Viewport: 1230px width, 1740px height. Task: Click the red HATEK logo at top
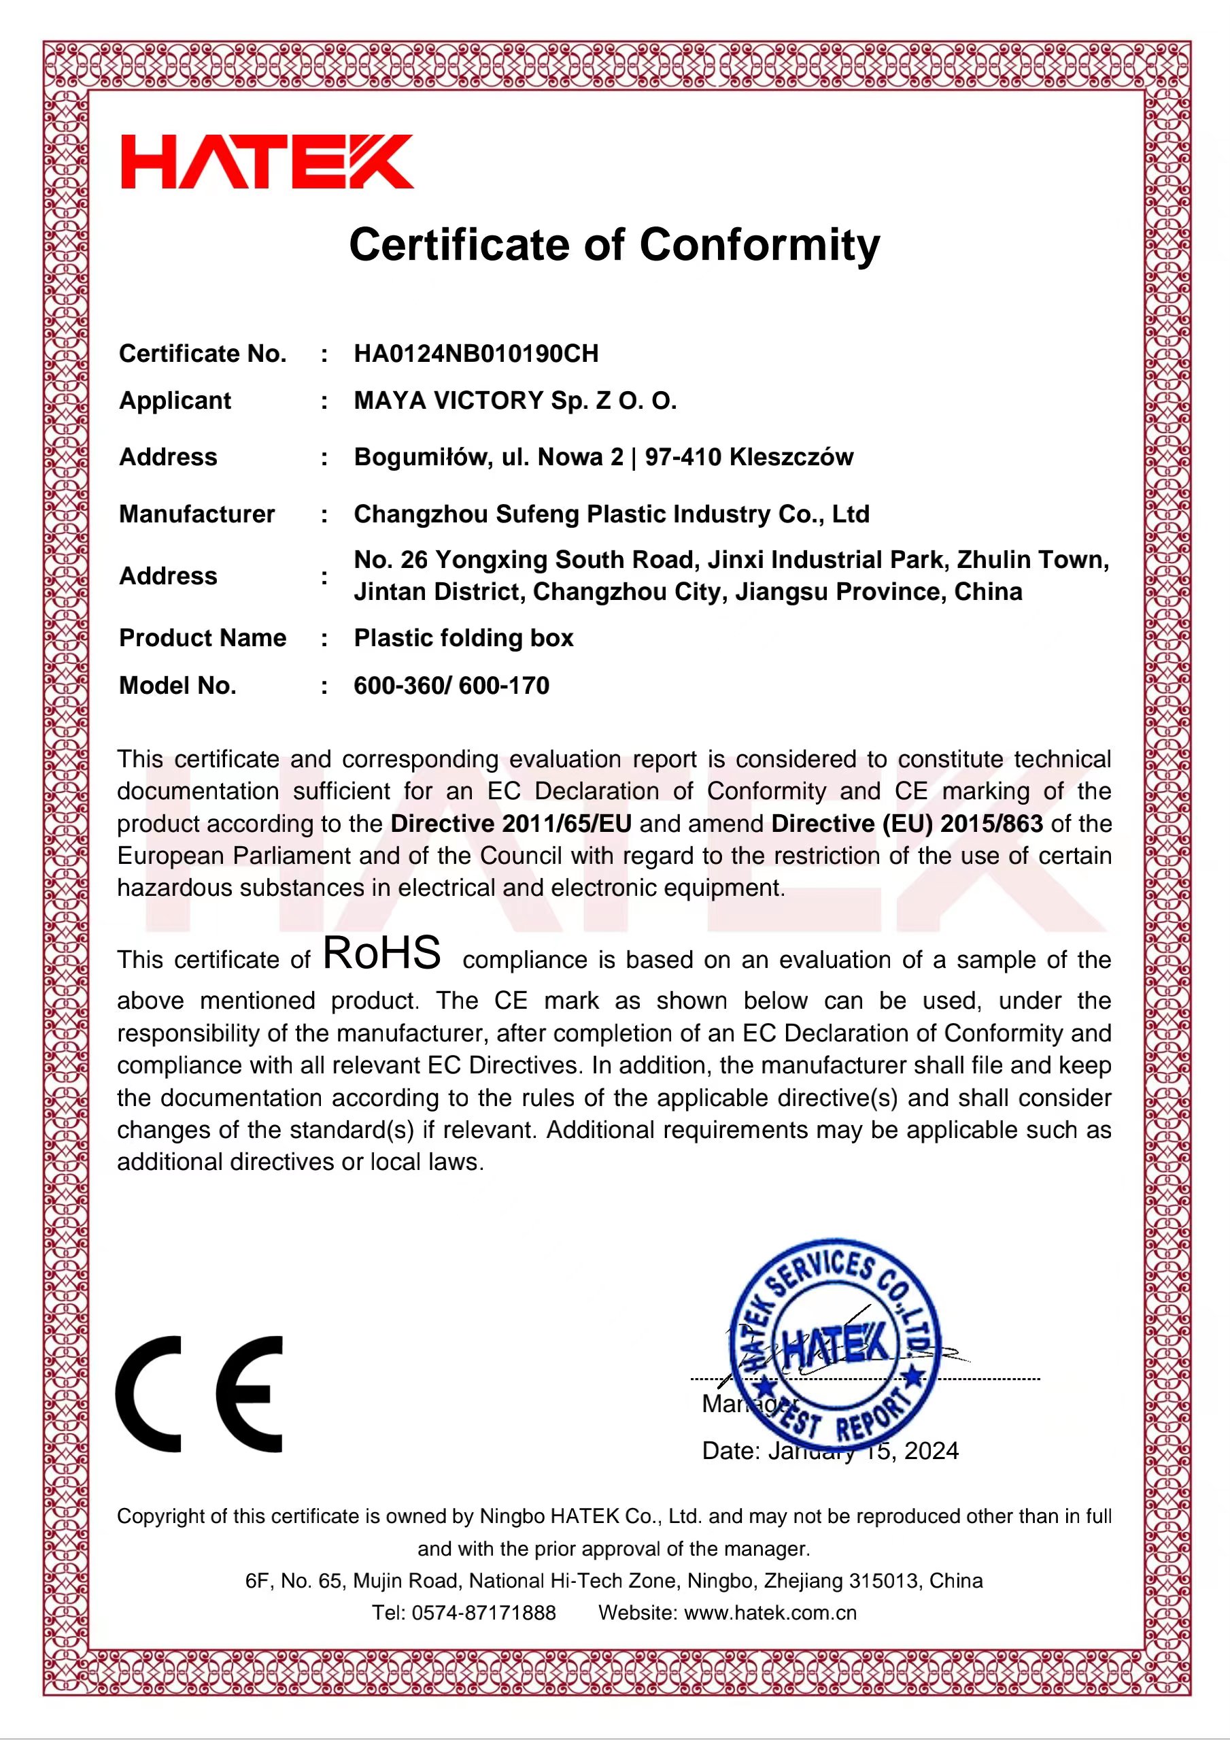[x=267, y=161]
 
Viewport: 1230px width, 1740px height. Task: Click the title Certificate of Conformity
[x=614, y=245]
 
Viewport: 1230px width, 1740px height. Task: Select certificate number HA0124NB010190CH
[x=476, y=353]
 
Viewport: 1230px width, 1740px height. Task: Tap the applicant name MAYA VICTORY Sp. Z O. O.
[x=515, y=400]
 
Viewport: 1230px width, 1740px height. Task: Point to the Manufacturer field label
[x=197, y=514]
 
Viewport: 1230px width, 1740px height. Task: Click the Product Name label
[x=202, y=637]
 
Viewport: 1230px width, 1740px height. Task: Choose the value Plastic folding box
[x=464, y=637]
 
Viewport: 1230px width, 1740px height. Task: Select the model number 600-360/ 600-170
[x=451, y=685]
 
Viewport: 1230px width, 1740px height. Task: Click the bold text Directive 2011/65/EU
[x=511, y=823]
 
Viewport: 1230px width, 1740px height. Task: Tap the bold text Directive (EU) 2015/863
[x=906, y=823]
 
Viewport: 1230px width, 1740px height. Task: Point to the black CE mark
[x=199, y=1394]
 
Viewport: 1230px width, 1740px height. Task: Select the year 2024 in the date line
[x=931, y=1450]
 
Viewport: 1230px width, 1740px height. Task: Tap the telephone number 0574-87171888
[x=483, y=1612]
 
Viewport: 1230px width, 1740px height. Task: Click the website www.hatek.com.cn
[x=770, y=1612]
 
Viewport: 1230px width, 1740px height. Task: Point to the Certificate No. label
[x=202, y=353]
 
